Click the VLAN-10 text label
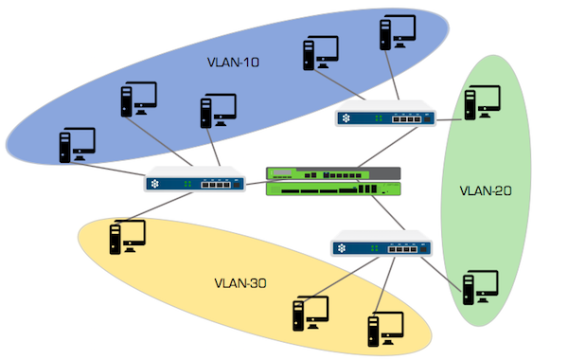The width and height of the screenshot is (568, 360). click(x=233, y=63)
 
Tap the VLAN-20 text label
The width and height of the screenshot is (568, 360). click(x=485, y=189)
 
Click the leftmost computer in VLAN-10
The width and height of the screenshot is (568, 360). click(x=77, y=144)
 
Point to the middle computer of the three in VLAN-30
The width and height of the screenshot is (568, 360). click(x=311, y=313)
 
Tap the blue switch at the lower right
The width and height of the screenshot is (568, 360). click(x=382, y=248)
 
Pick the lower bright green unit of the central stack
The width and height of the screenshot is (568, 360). click(x=333, y=189)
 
